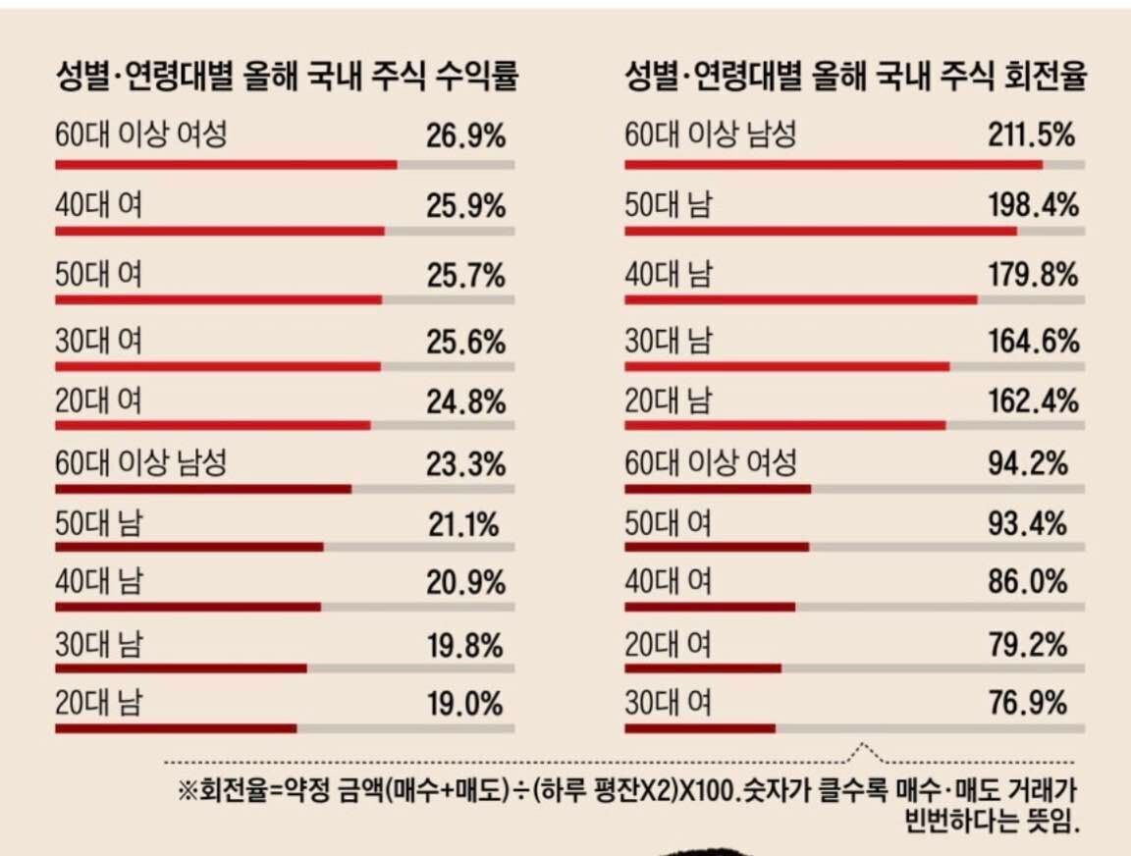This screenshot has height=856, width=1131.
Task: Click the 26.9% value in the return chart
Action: [x=465, y=136]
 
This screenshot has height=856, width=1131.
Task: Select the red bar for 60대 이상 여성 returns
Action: [x=226, y=165]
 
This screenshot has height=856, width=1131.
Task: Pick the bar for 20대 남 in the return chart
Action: [x=176, y=728]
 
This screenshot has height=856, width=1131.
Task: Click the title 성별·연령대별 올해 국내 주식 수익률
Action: [x=287, y=78]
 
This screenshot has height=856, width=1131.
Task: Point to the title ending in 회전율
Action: [x=855, y=78]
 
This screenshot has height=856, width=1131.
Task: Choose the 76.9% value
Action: [x=1027, y=704]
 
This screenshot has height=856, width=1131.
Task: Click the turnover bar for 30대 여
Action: [x=700, y=728]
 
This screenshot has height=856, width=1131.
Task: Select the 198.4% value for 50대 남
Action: [x=1032, y=205]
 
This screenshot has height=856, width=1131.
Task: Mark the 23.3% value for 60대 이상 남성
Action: [x=465, y=462]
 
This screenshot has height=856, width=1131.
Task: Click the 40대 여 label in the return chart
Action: [x=98, y=205]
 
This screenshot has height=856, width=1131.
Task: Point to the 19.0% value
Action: [x=465, y=704]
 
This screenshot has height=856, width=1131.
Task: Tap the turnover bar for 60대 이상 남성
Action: [x=834, y=165]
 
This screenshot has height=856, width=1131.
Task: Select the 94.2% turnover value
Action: [x=1027, y=462]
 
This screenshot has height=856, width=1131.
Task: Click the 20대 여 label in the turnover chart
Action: [x=669, y=644]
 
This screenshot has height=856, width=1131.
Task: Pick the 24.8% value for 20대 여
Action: [x=465, y=401]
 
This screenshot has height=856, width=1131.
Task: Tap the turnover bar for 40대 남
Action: [x=801, y=298]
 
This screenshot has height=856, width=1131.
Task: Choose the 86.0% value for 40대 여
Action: [x=1027, y=582]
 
